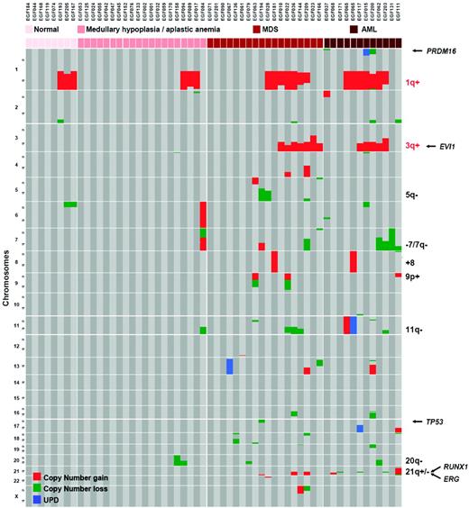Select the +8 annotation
(409, 260)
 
